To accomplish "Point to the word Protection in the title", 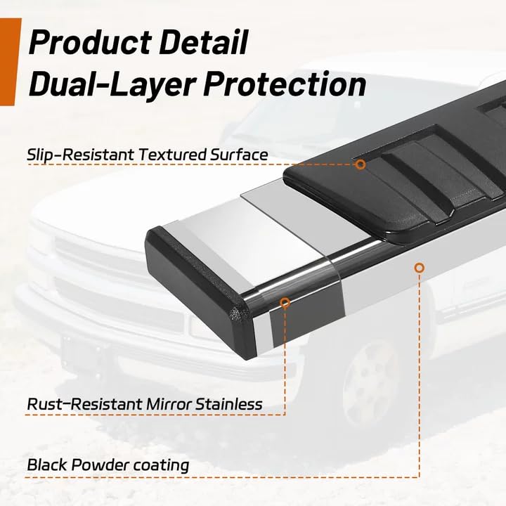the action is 285,84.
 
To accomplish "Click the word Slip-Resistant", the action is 80,155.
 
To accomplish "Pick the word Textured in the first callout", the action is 172,155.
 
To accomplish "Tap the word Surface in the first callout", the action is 239,154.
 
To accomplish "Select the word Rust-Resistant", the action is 85,404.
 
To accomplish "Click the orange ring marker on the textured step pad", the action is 361,164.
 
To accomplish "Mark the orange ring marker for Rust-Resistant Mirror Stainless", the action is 285,303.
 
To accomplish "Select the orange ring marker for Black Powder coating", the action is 419,268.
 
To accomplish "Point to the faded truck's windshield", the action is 290,119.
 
